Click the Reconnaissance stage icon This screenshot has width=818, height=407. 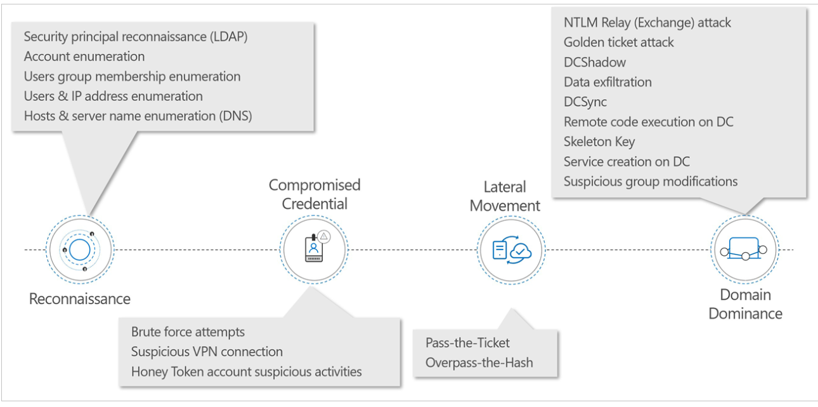tap(79, 250)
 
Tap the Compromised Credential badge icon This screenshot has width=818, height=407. tap(313, 250)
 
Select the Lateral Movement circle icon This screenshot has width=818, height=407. tap(511, 250)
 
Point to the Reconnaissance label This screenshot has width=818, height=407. tap(80, 298)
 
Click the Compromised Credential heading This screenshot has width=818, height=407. tap(315, 194)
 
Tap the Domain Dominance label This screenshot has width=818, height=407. tap(745, 304)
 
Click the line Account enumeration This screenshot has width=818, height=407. tap(84, 57)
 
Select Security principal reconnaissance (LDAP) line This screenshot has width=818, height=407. tap(136, 37)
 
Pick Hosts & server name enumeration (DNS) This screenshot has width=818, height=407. tap(138, 116)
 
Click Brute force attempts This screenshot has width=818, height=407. tap(188, 331)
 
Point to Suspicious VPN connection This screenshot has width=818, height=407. tap(207, 351)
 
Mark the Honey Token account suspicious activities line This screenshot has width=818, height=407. tap(247, 371)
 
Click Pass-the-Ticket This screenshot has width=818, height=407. tap(468, 343)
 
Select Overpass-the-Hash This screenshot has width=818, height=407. tap(479, 363)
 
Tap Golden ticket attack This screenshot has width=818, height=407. tap(619, 43)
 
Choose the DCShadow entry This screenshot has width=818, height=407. tap(595, 62)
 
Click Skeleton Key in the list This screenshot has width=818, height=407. tap(599, 142)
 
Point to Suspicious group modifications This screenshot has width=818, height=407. tap(651, 182)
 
